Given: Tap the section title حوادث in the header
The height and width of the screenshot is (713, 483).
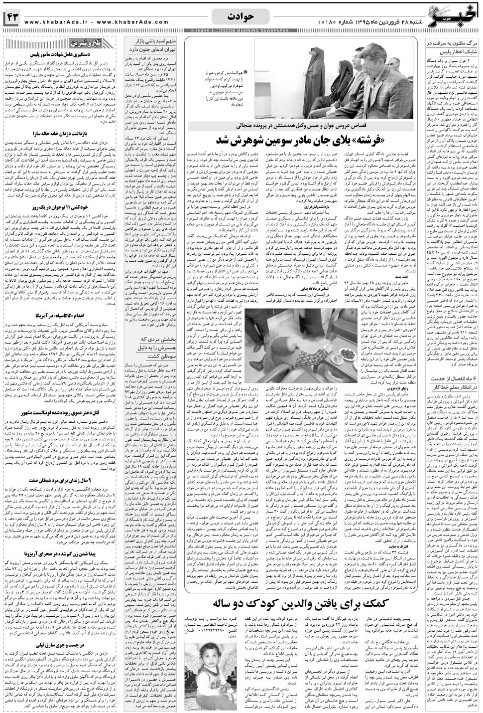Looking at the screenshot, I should point(241,17).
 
